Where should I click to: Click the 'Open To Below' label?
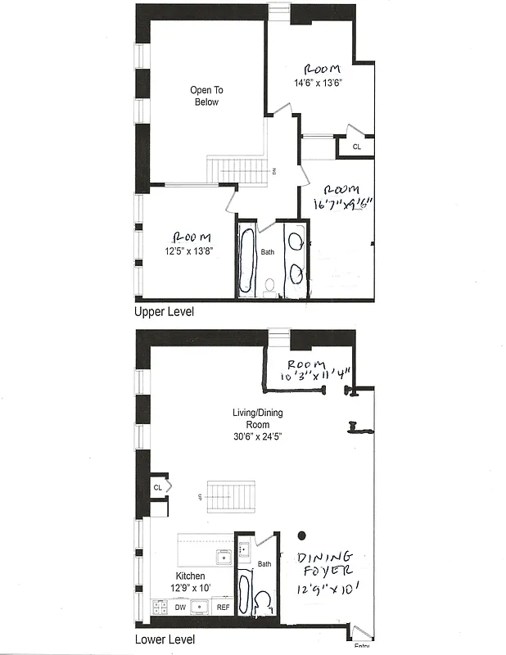click(x=207, y=96)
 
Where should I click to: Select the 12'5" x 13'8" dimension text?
click(x=187, y=251)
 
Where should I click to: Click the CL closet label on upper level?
click(x=356, y=147)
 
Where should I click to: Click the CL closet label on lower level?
click(x=157, y=487)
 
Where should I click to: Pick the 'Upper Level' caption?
click(x=164, y=313)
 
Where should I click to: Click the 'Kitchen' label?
click(x=189, y=576)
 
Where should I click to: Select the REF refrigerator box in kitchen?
click(x=222, y=608)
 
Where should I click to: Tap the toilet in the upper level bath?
click(x=269, y=285)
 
